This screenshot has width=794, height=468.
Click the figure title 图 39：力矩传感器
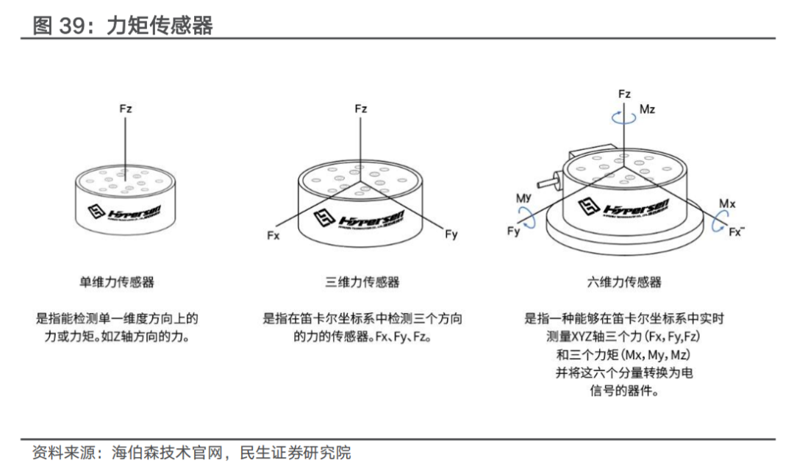pyautogui.click(x=123, y=26)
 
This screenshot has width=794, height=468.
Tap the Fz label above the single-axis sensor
pyautogui.click(x=126, y=109)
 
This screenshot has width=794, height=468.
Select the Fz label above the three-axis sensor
pyautogui.click(x=360, y=109)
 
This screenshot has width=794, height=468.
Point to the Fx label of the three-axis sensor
pyautogui.click(x=273, y=236)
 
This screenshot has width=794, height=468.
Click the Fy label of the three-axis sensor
pyautogui.click(x=451, y=234)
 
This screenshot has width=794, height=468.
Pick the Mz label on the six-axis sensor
pyautogui.click(x=647, y=109)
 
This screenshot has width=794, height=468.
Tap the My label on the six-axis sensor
pyautogui.click(x=523, y=198)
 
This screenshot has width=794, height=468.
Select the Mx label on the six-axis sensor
pyautogui.click(x=727, y=203)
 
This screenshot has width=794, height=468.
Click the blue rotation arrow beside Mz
pyautogui.click(x=624, y=116)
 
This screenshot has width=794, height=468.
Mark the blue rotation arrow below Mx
pyautogui.click(x=720, y=218)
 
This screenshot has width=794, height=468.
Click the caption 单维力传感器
pyautogui.click(x=117, y=281)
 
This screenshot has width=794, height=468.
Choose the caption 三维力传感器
pyautogui.click(x=362, y=281)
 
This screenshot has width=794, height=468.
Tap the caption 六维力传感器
pyautogui.click(x=624, y=281)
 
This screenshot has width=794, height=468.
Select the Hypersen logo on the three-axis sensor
pyautogui.click(x=360, y=213)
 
